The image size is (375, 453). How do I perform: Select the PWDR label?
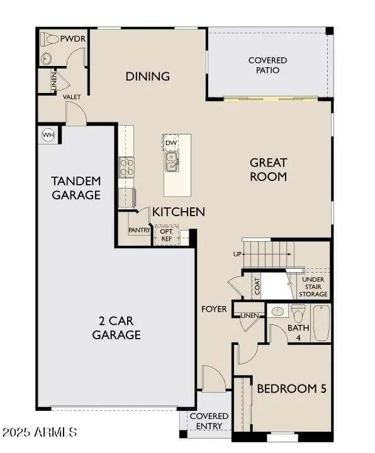pos(73,39)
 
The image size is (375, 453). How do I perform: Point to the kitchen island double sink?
pos(171,163)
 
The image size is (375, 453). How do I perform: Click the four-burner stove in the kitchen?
pos(126,166)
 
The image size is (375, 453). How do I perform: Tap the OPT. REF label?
pos(166,236)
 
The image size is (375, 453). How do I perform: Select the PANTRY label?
pos(138,231)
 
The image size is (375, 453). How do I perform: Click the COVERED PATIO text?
pos(267,65)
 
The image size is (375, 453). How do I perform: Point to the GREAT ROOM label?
pos(268,170)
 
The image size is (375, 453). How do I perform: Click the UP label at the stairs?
pos(237,254)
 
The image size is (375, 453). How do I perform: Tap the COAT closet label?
pos(257,286)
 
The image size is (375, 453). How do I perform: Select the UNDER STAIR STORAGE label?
pos(315,287)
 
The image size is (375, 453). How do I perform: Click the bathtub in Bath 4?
pos(321,323)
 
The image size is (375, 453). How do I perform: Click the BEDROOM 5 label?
pos(291,389)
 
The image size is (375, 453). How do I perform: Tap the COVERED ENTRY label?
pos(209,421)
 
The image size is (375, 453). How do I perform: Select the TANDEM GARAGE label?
pos(76,188)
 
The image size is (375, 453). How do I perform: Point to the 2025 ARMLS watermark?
pos(40,433)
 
